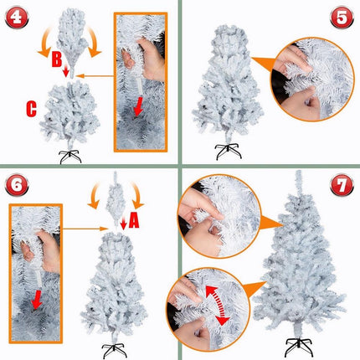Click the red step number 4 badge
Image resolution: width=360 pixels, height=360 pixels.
click(17, 18)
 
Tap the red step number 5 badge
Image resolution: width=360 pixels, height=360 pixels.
click(342, 18)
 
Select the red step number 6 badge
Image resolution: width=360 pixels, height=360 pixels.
click(17, 185)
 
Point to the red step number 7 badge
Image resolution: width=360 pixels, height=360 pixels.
click(342, 185)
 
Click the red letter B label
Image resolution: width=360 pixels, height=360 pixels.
click(57, 59)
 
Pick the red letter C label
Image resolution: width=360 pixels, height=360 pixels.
click(31, 109)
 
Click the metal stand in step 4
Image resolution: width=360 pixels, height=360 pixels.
click(70, 157)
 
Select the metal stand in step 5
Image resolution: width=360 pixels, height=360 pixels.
click(229, 152)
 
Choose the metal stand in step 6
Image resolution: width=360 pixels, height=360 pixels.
click(115, 351)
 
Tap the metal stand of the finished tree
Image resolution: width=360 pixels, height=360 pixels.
click(299, 347)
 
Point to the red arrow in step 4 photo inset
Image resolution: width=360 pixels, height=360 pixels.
click(139, 106)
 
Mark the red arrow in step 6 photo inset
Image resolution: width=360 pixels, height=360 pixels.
click(37, 300)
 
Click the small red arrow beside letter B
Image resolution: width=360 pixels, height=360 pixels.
click(66, 71)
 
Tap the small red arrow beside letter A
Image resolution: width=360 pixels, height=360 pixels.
click(124, 224)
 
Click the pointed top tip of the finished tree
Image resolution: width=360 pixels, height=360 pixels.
click(299, 171)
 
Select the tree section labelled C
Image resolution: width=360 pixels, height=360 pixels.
click(69, 111)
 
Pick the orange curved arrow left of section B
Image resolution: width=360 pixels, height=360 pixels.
click(44, 42)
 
